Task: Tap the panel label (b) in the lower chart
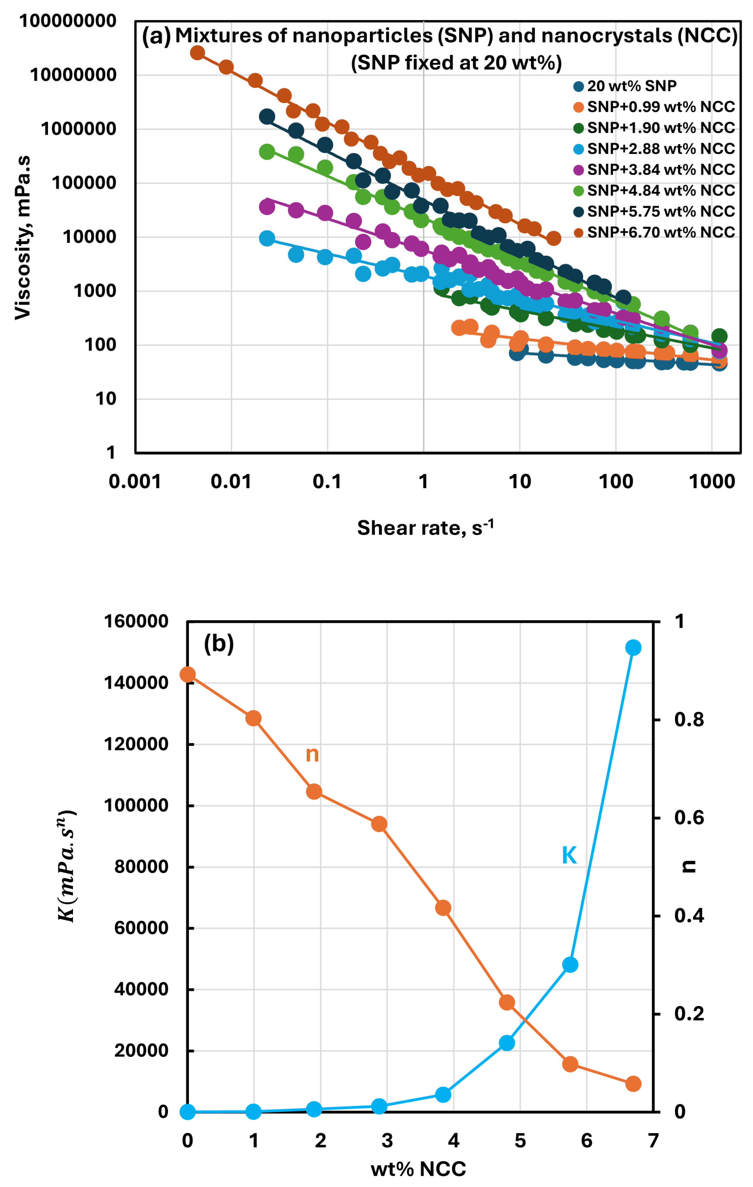pos(219,644)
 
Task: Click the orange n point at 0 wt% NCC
pos(187,674)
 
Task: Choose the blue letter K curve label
pos(569,855)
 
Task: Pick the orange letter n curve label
pos(312,754)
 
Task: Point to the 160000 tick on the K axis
pos(136,622)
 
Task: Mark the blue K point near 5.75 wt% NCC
pos(570,965)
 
